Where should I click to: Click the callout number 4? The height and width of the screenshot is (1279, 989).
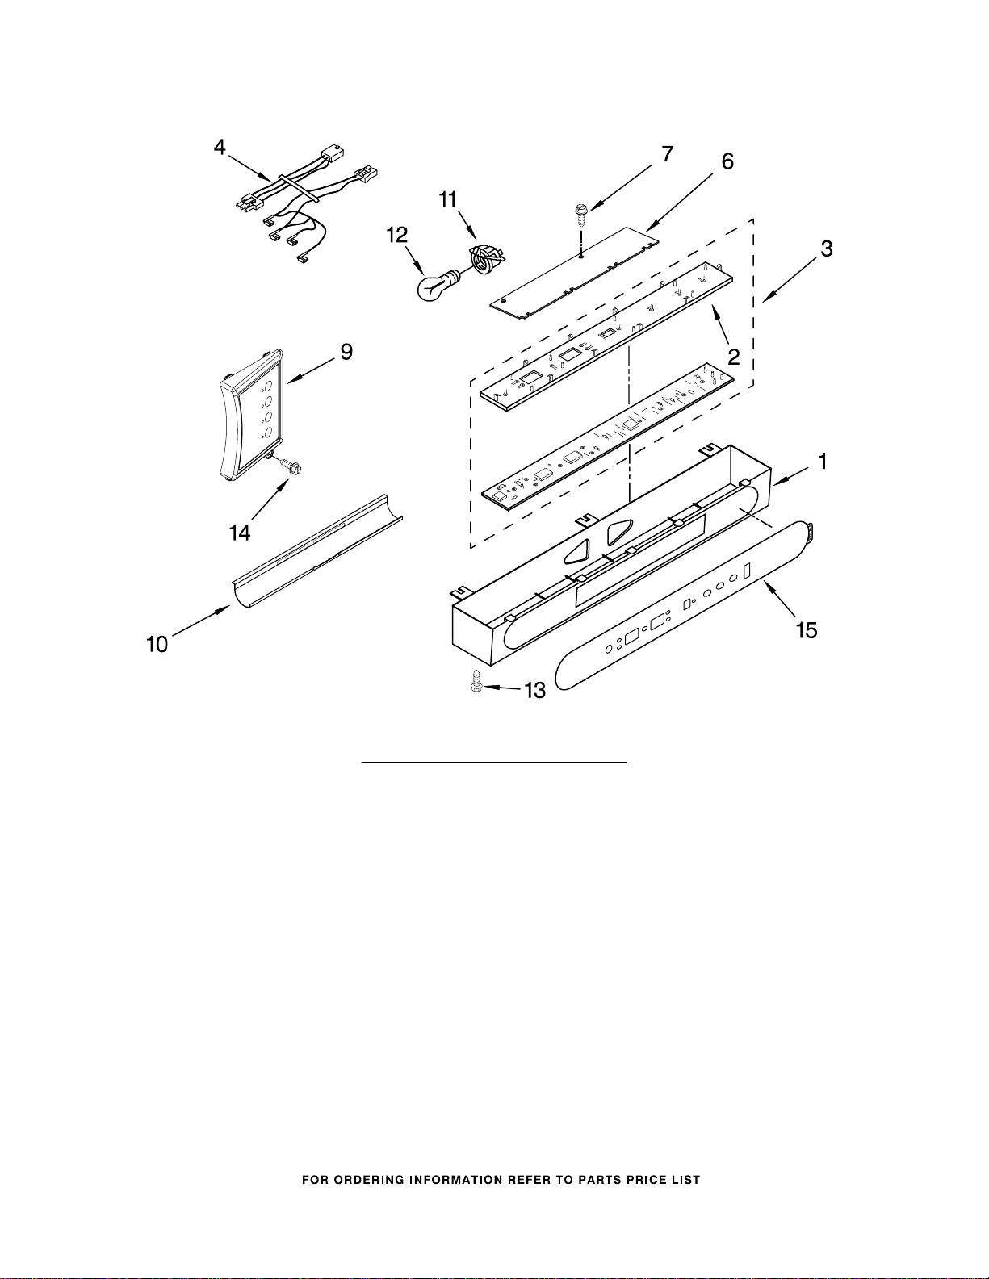coord(220,147)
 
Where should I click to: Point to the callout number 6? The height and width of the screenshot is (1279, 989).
coord(727,161)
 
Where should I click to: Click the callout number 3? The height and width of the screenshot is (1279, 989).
coord(827,249)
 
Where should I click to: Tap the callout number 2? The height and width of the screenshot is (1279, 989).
coord(734,356)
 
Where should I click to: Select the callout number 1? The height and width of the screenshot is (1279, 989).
coord(823,462)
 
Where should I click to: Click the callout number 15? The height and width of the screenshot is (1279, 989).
coord(807,630)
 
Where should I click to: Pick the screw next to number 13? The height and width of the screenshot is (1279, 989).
coord(476,683)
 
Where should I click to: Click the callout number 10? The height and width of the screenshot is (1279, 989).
coord(157,645)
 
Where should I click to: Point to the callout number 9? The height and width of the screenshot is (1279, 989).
coord(346,352)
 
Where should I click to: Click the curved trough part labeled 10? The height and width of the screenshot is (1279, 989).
coord(316,551)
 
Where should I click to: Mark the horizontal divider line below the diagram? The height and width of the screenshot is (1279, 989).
coord(494,763)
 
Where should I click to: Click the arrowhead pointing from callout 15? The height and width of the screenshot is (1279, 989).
coord(768,584)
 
